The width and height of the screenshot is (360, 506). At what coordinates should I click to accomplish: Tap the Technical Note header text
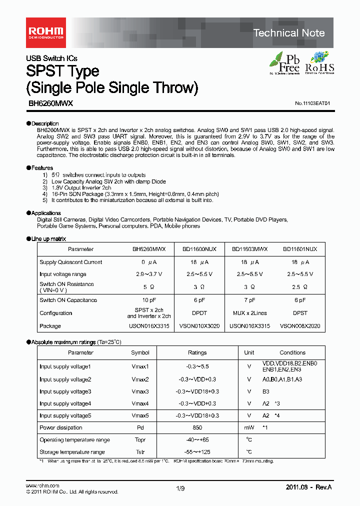(x=289, y=33)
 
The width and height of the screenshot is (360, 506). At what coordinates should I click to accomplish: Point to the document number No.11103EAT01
(x=312, y=103)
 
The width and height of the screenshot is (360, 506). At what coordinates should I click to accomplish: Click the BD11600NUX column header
(x=198, y=249)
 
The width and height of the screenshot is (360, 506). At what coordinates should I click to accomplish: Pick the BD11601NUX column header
(x=300, y=249)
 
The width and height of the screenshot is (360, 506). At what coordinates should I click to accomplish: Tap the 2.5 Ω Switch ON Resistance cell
(x=300, y=287)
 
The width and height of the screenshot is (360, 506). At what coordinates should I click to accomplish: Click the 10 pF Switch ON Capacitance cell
(x=148, y=300)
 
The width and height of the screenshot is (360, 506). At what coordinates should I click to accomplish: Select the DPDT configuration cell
(x=198, y=313)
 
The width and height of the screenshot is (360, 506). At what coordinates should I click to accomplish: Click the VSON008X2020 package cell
(x=300, y=326)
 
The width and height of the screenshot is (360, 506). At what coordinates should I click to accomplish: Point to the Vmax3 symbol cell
(x=140, y=391)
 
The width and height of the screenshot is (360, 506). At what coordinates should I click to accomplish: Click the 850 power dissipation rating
(x=197, y=427)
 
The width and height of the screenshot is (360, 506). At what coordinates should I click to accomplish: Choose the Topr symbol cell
(x=140, y=440)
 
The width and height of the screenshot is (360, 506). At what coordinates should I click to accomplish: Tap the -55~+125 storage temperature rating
(x=197, y=452)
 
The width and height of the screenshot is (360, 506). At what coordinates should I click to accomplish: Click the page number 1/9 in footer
(x=180, y=489)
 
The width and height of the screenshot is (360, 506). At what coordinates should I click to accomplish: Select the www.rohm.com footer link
(x=42, y=485)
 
